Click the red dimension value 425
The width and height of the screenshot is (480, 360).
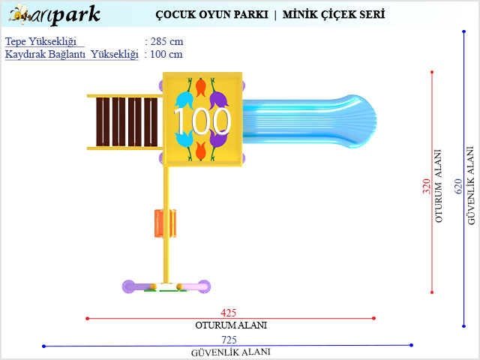pyautogui.click(x=228, y=313)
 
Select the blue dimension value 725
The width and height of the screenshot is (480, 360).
pyautogui.click(x=229, y=340)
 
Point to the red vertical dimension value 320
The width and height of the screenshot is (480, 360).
pyautogui.click(x=427, y=187)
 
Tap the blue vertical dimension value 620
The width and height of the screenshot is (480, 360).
pyautogui.click(x=458, y=187)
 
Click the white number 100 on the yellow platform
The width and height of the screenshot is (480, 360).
pyautogui.click(x=202, y=121)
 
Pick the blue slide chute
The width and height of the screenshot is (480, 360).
pyautogui.click(x=309, y=121)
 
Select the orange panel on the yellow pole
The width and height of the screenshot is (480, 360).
pyautogui.click(x=165, y=223)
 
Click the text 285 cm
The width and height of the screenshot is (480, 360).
pyautogui.click(x=166, y=41)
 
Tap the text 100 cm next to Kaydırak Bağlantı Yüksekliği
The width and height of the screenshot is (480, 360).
pyautogui.click(x=166, y=54)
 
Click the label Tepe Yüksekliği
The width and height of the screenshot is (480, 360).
pyautogui.click(x=40, y=42)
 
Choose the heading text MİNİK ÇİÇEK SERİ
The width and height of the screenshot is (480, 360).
pyautogui.click(x=334, y=14)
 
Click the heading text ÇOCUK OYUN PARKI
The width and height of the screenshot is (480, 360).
pyautogui.click(x=211, y=14)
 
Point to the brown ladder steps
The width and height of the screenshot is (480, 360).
pyautogui.click(x=127, y=121)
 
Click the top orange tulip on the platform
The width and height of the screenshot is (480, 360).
pyautogui.click(x=200, y=87)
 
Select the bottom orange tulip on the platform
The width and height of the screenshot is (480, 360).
pyautogui.click(x=200, y=151)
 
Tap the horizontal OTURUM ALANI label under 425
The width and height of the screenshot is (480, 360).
pyautogui.click(x=231, y=325)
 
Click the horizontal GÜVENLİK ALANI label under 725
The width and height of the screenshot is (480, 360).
pyautogui.click(x=231, y=352)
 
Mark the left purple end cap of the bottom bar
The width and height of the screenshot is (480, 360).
pyautogui.click(x=128, y=286)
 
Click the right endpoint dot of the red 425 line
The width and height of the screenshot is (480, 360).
pyautogui.click(x=373, y=318)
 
